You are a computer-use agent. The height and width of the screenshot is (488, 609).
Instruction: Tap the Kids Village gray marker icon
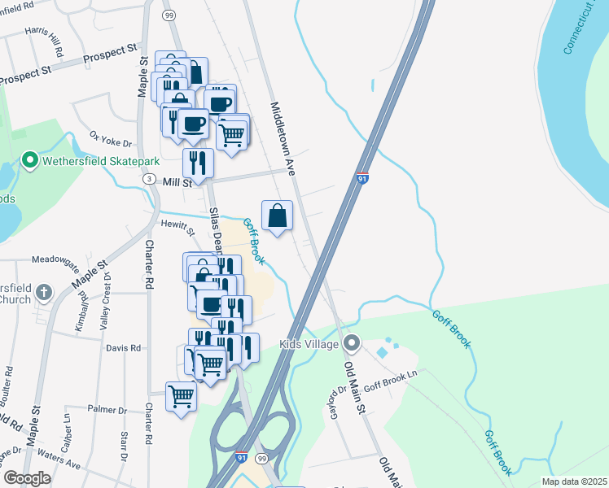point(352,342)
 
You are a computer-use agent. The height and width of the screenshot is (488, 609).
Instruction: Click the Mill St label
point(176,184)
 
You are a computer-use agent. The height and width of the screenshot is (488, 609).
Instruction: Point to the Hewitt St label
point(173,223)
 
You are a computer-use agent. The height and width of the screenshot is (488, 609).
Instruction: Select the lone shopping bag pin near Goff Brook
point(278,216)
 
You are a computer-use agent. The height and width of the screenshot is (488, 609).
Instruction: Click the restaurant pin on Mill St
point(198,163)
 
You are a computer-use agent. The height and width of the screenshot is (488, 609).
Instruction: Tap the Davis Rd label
point(123,347)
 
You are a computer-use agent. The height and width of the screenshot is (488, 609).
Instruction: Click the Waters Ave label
point(62,464)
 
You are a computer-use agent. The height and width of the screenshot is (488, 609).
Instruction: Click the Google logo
point(27,478)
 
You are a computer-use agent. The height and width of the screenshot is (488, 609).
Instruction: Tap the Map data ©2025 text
point(573,481)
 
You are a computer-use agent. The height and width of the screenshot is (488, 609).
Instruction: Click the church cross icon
point(44,291)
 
